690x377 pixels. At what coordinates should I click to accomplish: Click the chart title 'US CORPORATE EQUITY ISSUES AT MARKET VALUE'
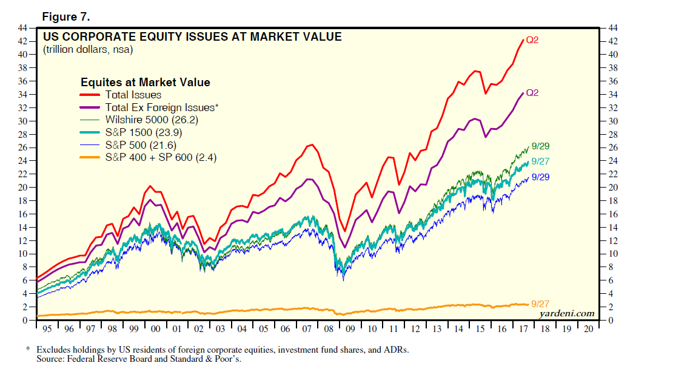(192, 37)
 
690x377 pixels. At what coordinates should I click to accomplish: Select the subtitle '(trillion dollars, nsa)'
(88, 49)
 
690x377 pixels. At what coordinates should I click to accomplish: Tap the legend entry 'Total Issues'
(133, 95)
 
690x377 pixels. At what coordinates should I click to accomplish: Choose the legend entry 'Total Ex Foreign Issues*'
(160, 107)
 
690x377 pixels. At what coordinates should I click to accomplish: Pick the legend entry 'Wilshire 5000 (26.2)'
(152, 120)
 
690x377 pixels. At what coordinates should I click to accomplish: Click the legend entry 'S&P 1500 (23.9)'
(143, 132)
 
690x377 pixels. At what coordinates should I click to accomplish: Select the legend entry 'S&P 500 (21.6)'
(140, 145)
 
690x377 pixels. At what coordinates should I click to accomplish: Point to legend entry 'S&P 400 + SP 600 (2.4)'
(161, 157)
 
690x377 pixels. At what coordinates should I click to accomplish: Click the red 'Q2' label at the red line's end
(532, 41)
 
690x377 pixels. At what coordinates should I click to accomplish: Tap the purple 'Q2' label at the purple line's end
(532, 93)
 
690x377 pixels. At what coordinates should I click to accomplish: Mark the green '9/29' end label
(540, 146)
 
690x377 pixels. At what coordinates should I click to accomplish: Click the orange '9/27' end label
(540, 303)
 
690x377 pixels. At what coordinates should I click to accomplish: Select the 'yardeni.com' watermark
(567, 313)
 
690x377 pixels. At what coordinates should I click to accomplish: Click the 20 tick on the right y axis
(612, 188)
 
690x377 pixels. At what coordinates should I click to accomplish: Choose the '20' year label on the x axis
(588, 328)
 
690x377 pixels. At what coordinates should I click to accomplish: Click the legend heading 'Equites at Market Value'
(146, 82)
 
